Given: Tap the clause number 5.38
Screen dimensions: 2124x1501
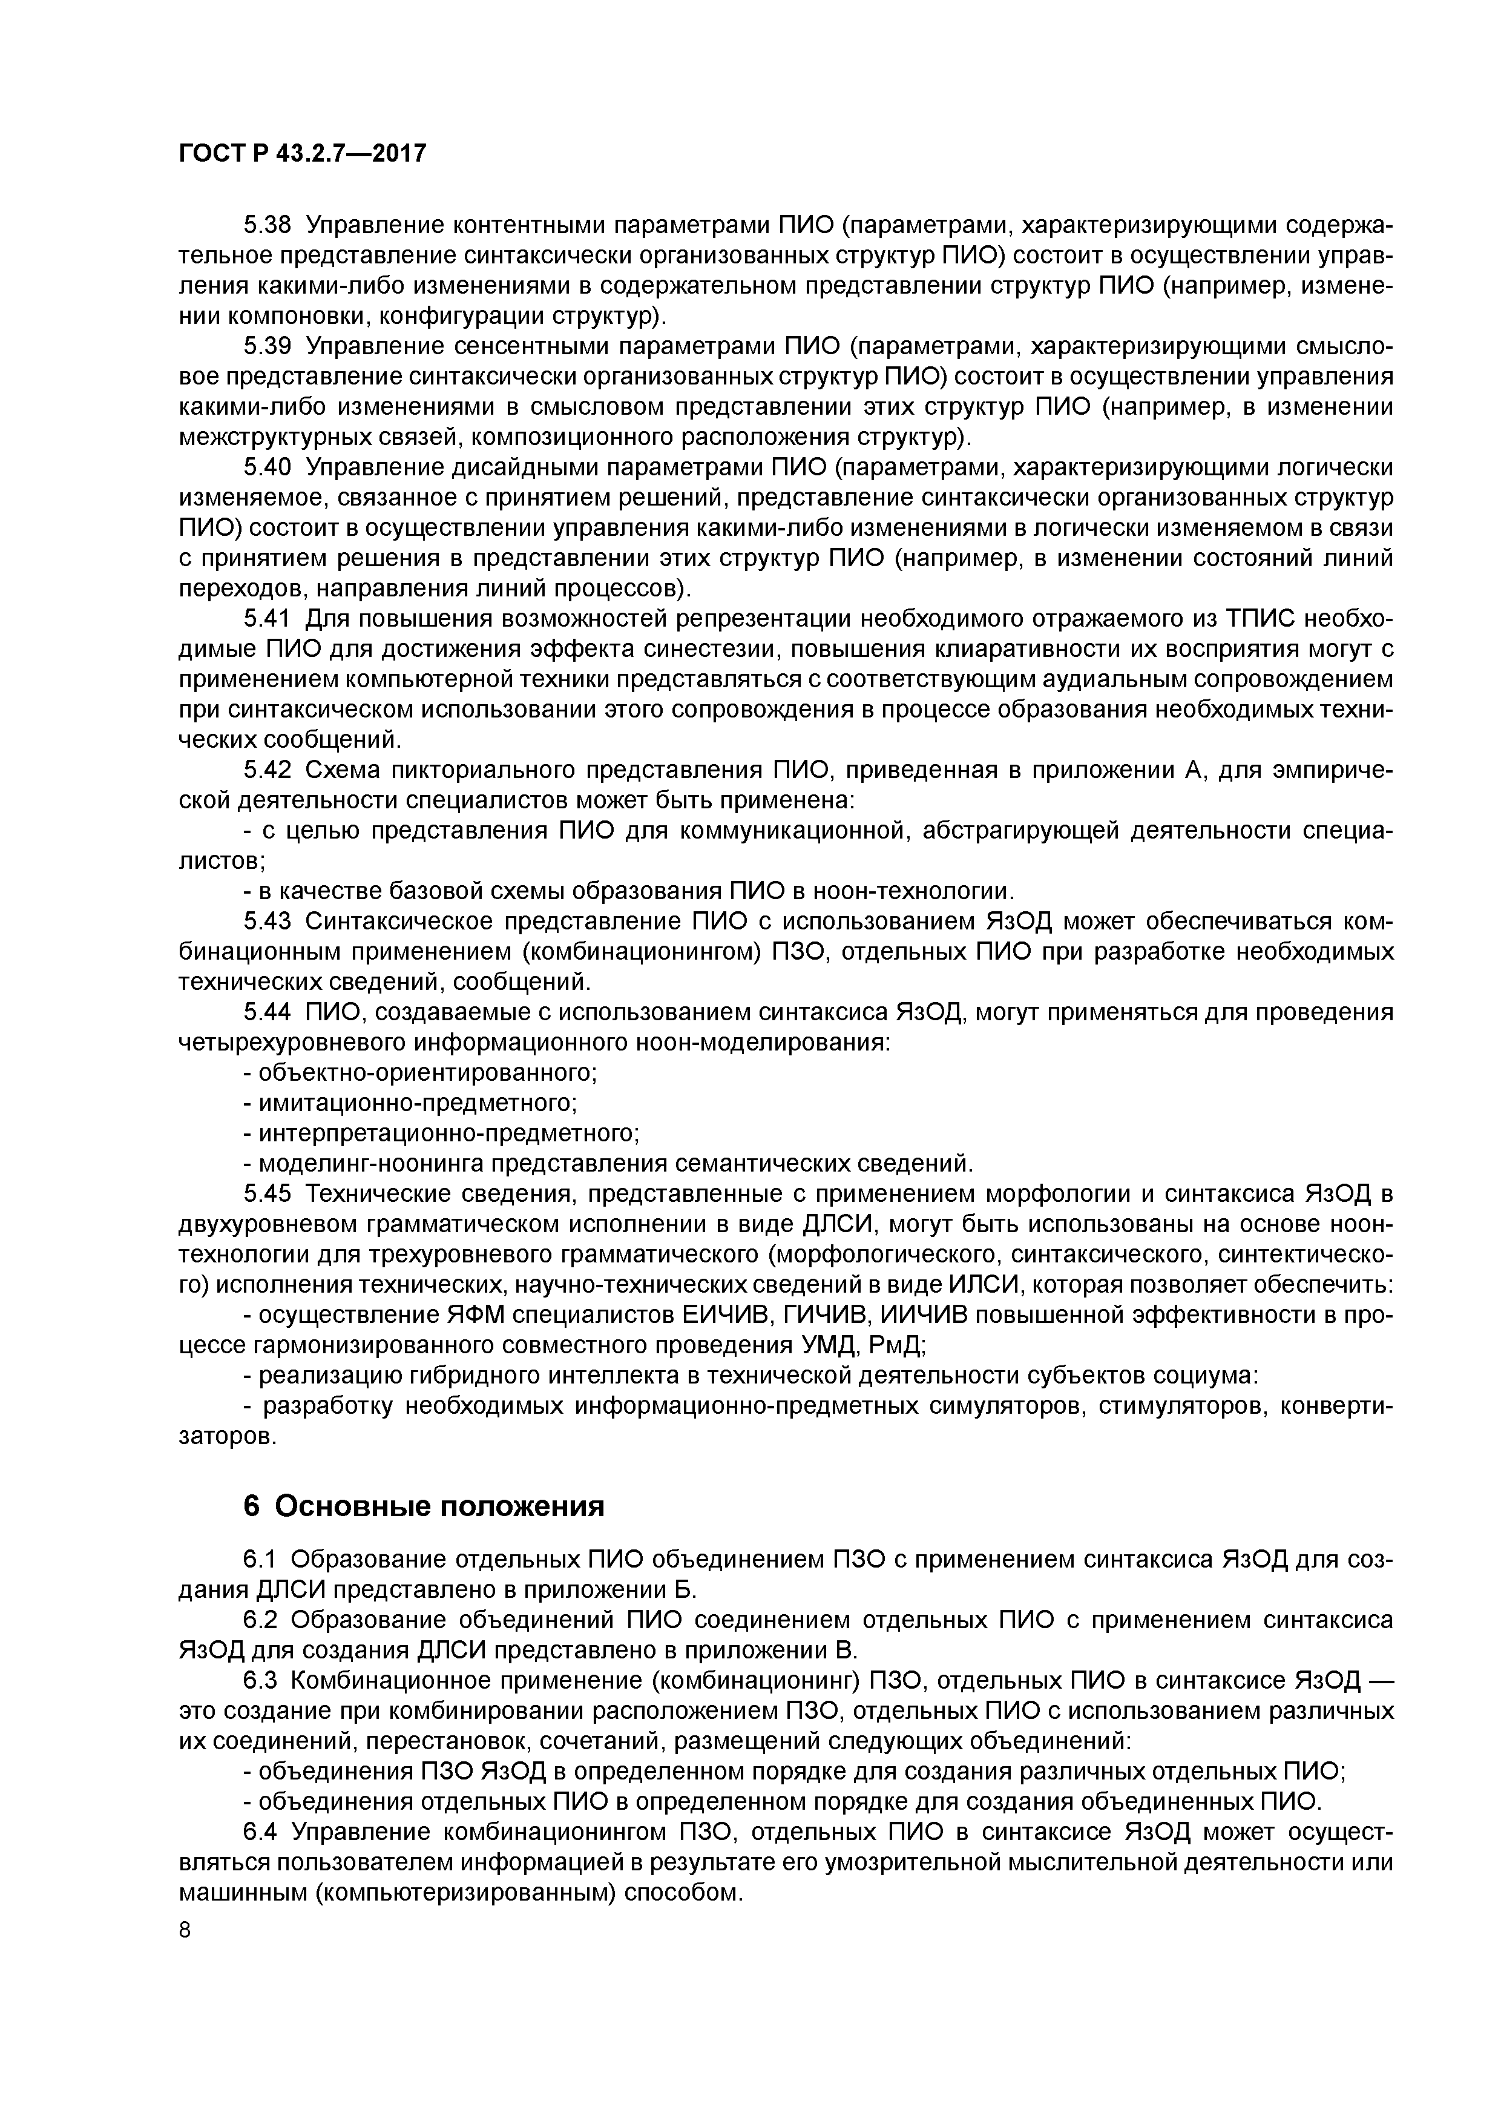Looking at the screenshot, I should pos(268,226).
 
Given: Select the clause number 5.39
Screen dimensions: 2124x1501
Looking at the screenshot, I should pos(268,347).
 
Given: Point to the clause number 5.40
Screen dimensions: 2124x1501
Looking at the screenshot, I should pos(268,468).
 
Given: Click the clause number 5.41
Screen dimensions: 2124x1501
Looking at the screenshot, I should pos(268,619).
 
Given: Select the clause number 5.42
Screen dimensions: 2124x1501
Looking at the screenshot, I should pos(268,771).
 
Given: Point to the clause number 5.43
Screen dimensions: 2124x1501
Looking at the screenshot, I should pos(268,922).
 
